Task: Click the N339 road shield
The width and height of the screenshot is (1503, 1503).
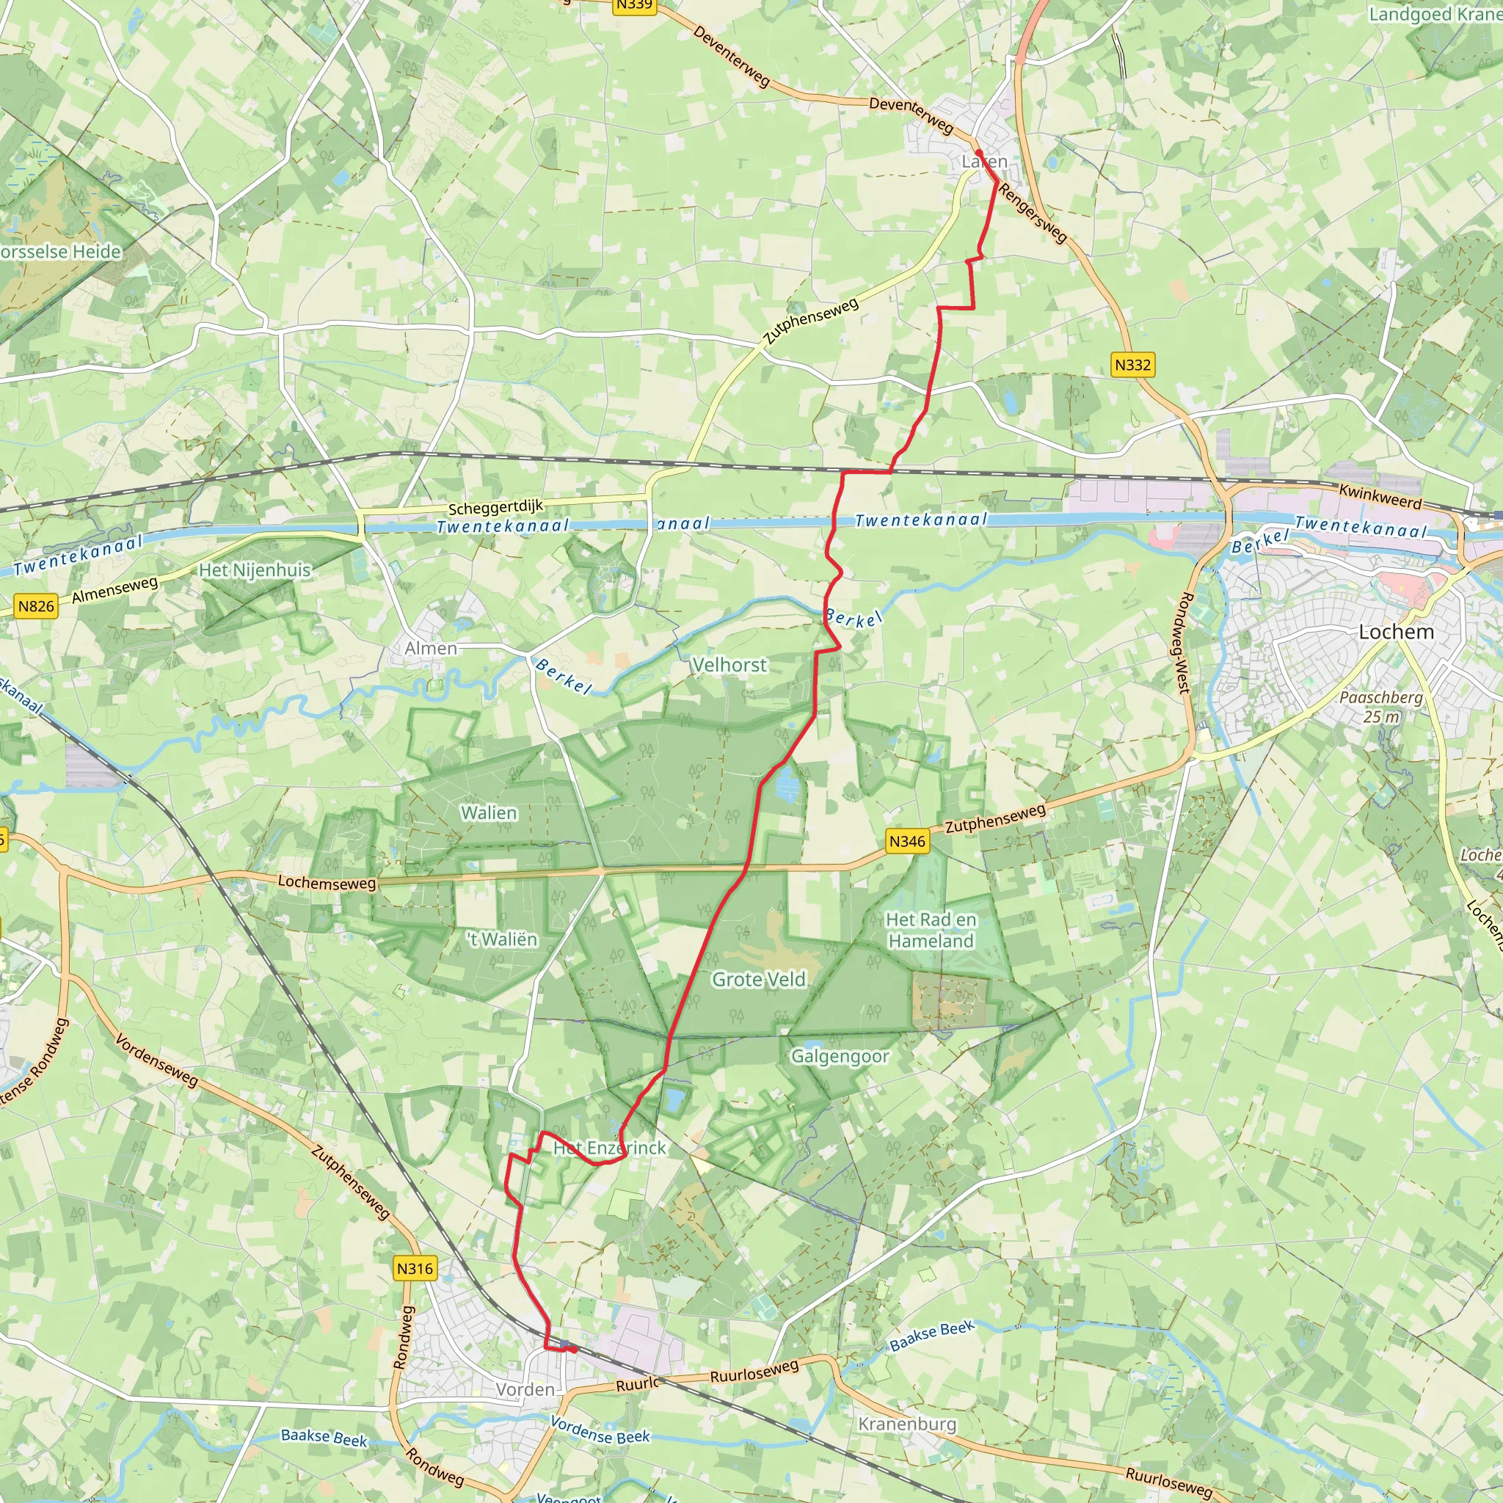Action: coord(634,5)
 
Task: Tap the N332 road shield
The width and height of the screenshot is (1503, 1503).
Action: coord(1132,365)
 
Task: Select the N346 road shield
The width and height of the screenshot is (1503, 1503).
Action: coord(907,841)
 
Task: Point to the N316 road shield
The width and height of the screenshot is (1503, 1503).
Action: coord(415,1269)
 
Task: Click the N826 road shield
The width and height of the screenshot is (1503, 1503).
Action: coord(37,606)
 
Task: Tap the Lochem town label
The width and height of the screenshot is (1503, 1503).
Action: coord(1396,632)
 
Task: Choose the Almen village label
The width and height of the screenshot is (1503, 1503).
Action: coord(431,648)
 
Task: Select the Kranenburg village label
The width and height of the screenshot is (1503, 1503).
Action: coord(907,1424)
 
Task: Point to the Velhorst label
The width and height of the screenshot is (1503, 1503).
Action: coord(729,665)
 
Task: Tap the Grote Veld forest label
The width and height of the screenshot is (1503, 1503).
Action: coord(759,980)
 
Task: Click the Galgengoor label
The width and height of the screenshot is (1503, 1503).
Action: coord(840,1057)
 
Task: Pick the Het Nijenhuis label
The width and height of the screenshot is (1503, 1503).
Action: coord(255,570)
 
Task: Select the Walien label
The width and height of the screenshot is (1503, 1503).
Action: coord(489,813)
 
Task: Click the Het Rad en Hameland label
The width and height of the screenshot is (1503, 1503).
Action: coord(931,931)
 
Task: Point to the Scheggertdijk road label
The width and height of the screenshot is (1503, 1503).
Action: coord(495,507)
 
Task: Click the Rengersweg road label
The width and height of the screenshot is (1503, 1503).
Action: coord(1033,212)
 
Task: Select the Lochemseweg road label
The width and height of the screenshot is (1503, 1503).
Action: coord(327,882)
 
